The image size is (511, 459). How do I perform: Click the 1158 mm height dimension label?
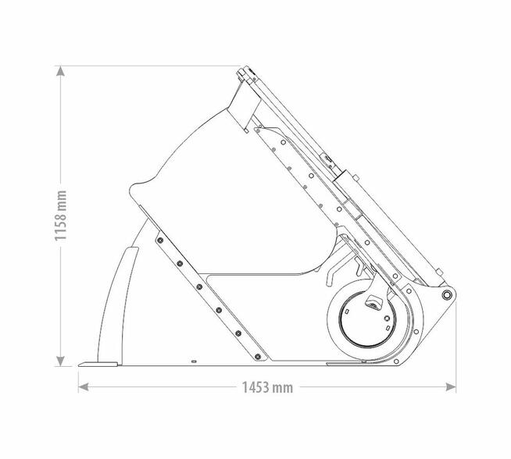pos(61,215)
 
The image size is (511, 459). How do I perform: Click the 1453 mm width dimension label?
pos(267,387)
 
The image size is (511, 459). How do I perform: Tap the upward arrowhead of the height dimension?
pos(60,70)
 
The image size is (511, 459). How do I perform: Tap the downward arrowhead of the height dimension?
pos(60,361)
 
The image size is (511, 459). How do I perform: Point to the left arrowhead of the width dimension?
pos(84,387)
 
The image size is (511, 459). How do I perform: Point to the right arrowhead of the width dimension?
pos(451,387)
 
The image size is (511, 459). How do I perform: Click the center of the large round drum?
pos(367,320)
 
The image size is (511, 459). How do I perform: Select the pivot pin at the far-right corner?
pos(446,295)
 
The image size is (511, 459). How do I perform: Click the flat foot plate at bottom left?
pos(98,365)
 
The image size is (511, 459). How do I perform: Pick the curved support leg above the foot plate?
pos(117,304)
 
